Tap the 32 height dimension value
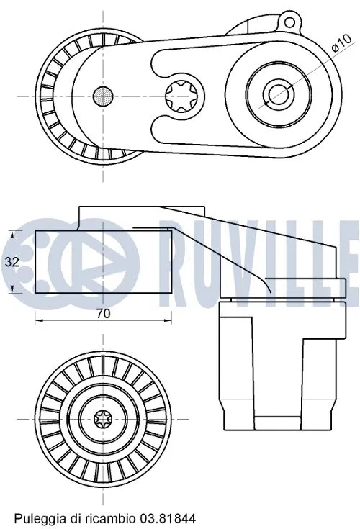tap(12, 262)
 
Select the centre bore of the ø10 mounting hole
tap(275, 93)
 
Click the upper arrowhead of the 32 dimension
tap(13, 233)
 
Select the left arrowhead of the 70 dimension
tap(37, 320)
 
